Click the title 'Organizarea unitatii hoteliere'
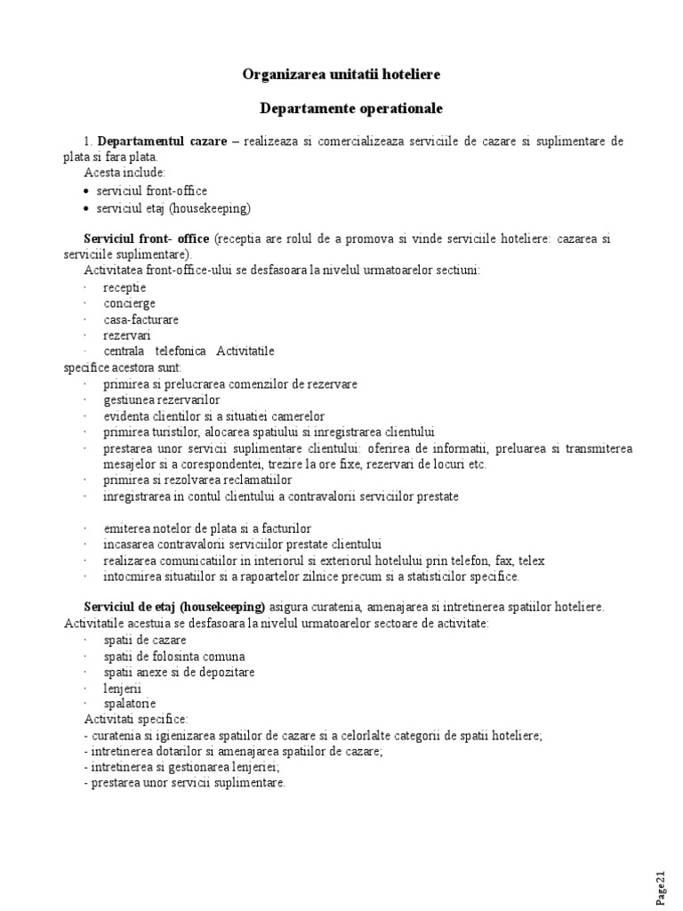pos(341,75)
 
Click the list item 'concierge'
pos(129,303)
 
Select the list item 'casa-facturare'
pos(141,319)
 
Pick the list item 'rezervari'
pos(127,335)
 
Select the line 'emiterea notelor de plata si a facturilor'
pos(207,528)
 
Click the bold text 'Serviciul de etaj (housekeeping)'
pos(174,607)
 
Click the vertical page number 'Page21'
pos(662,884)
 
